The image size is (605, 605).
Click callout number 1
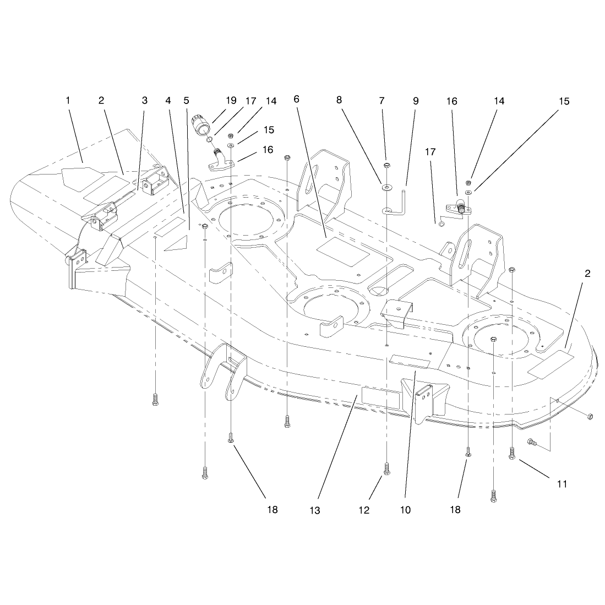point(68,101)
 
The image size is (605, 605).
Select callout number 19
point(231,101)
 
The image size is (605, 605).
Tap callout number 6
point(296,100)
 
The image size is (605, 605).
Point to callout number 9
point(416,101)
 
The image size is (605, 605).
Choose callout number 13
point(315,510)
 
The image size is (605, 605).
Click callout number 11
point(562,484)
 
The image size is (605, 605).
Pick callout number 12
point(364,510)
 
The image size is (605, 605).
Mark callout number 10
point(405,510)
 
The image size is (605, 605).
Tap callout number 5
point(187,101)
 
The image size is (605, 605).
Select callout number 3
point(145,100)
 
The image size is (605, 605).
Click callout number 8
point(339,100)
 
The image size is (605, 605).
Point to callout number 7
point(381,101)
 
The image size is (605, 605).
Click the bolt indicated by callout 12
point(386,469)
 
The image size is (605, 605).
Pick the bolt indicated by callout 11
point(512,453)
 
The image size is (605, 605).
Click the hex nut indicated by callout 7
point(386,166)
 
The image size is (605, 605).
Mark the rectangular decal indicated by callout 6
point(342,252)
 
